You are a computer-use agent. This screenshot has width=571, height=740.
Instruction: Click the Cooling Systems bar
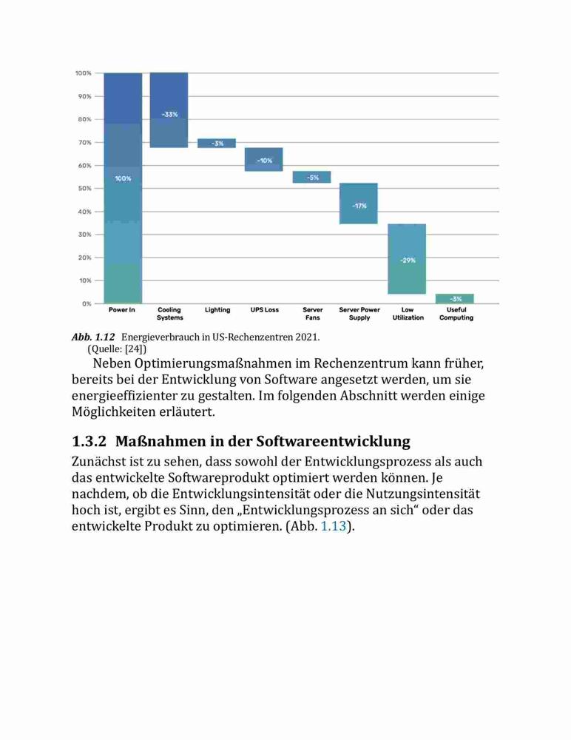[169, 110]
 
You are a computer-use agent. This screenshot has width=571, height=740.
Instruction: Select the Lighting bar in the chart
[217, 143]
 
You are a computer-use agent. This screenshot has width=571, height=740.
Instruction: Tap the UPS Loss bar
[264, 160]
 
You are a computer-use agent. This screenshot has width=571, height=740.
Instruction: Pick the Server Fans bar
[311, 177]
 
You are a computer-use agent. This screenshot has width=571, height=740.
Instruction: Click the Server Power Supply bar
[359, 203]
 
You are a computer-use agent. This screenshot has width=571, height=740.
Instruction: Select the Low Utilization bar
[407, 259]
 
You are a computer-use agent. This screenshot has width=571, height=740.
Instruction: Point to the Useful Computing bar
[454, 299]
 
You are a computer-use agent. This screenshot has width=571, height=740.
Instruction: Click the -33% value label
[170, 115]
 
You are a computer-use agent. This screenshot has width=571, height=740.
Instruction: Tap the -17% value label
[359, 206]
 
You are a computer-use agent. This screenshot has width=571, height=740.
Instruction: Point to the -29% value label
[408, 260]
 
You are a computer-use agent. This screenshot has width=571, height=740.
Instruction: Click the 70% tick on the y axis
[85, 143]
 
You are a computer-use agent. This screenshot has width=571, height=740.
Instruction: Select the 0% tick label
[87, 304]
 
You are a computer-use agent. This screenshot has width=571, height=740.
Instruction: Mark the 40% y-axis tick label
[85, 212]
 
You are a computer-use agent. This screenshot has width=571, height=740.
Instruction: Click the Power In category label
[122, 310]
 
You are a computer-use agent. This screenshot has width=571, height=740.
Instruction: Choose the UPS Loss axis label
[265, 310]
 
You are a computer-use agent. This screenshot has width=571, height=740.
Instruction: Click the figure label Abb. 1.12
[93, 337]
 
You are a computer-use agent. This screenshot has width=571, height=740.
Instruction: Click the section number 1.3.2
[89, 442]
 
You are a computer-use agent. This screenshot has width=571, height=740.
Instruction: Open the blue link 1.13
[334, 526]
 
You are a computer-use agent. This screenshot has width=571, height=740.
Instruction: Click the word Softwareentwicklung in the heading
[333, 442]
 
